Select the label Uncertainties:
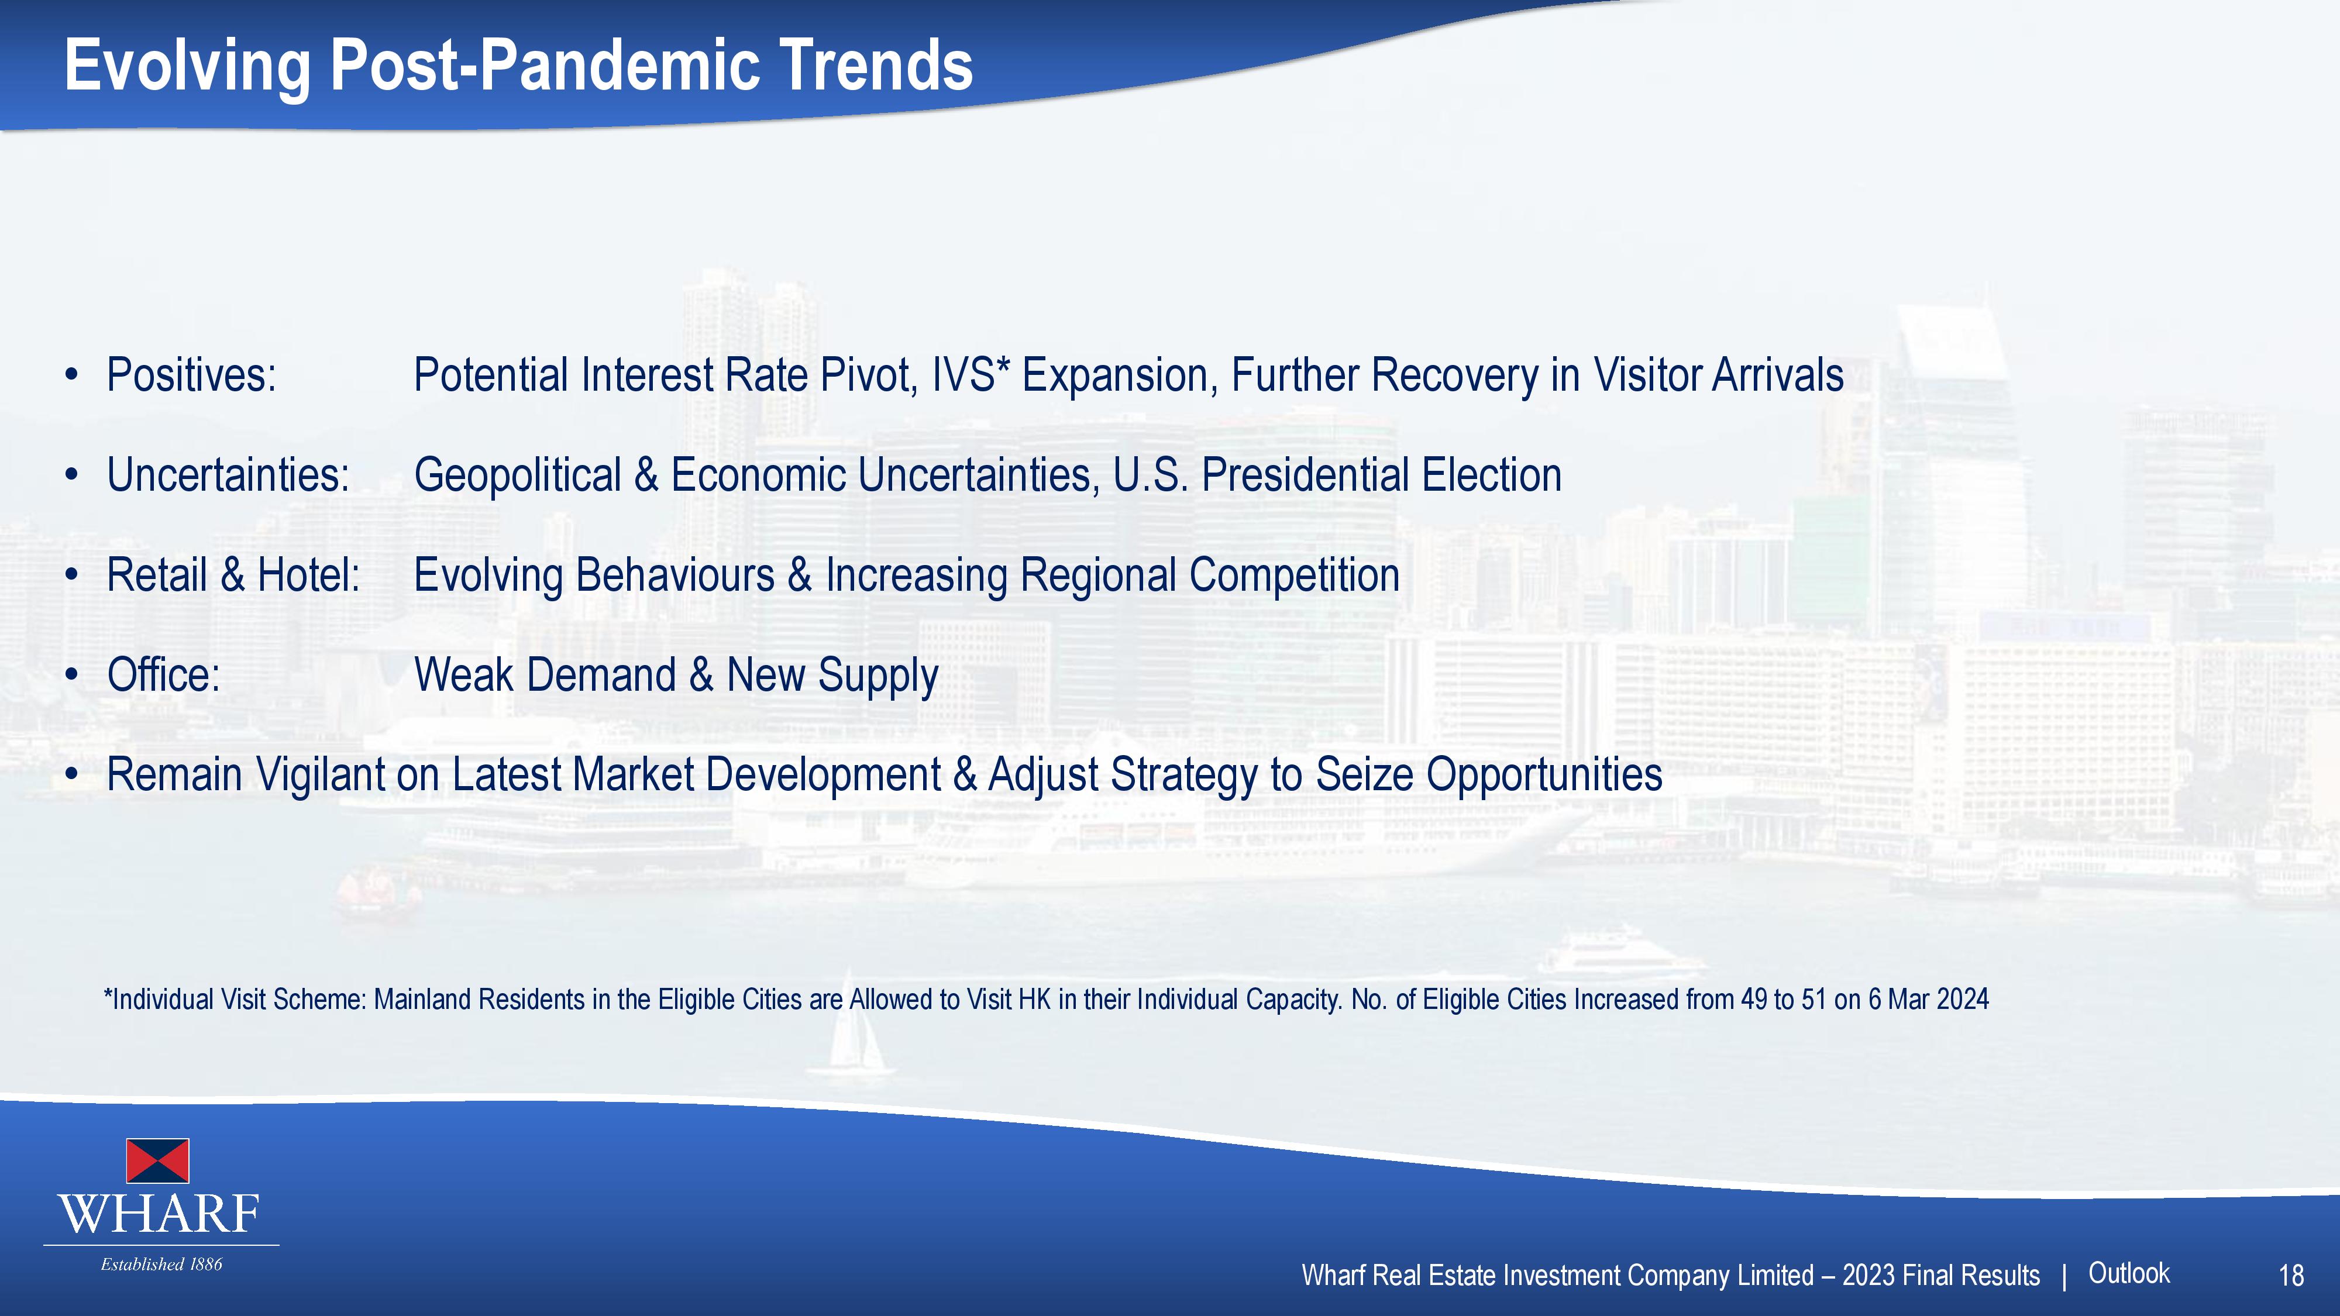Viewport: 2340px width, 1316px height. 228,475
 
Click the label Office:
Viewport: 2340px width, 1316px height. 164,675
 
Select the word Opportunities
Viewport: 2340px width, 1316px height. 1544,776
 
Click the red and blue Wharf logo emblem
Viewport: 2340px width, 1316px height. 157,1160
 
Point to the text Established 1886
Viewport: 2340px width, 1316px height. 161,1264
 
